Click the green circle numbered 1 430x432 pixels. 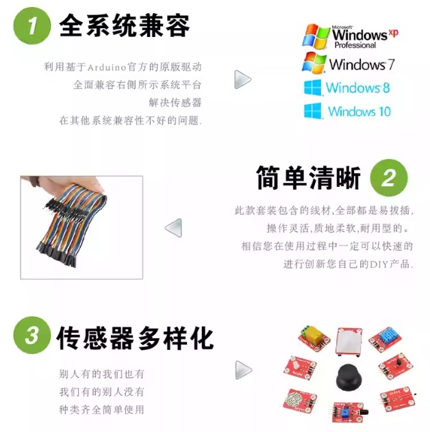click(32, 25)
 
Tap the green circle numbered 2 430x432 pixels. click(389, 178)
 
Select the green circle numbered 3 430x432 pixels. click(32, 335)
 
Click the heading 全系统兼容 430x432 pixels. click(124, 25)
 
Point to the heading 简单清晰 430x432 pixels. click(308, 178)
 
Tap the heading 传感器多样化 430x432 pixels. click(135, 338)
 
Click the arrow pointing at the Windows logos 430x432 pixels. click(242, 79)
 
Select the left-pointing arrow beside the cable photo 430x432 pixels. click(173, 228)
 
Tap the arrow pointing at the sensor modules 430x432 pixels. click(244, 370)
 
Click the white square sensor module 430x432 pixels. click(349, 342)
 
